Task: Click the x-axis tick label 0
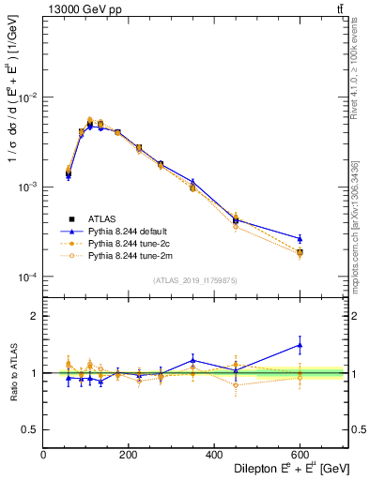coord(43,454)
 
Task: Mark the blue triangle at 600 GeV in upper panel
coord(300,238)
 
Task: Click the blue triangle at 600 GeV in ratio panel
coord(300,345)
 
